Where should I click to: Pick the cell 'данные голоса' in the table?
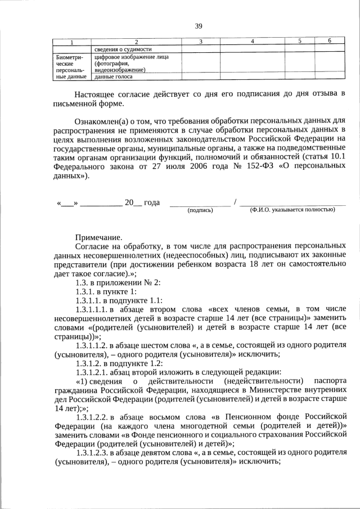click(112, 76)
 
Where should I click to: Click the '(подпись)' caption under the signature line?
click(200, 210)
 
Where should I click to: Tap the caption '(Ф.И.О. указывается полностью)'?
click(292, 210)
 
